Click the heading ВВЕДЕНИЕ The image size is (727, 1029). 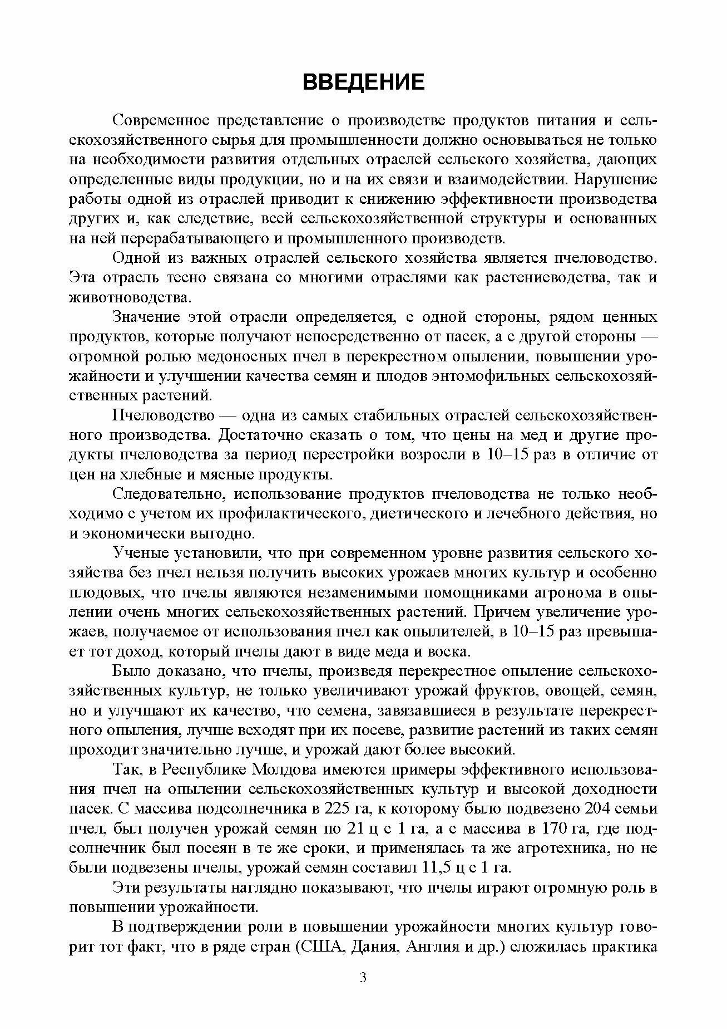coord(363,82)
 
